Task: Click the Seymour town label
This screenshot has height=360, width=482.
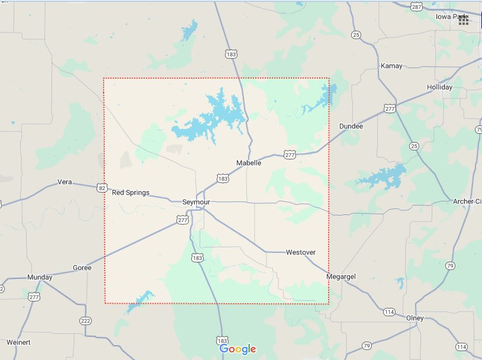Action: click(196, 202)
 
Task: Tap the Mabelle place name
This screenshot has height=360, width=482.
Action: click(249, 163)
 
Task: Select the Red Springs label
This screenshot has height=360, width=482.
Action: click(131, 192)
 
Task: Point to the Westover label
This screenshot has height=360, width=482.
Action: click(301, 252)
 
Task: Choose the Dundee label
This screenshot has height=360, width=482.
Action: click(351, 126)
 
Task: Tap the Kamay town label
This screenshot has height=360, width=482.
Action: click(391, 66)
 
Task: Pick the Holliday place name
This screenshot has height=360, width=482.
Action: click(439, 87)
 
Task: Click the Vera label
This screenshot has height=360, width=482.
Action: click(65, 182)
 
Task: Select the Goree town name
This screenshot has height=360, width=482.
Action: click(82, 268)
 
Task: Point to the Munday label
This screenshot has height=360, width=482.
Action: click(40, 277)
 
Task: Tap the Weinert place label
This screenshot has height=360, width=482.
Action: click(18, 342)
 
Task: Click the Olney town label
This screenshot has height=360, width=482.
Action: click(415, 318)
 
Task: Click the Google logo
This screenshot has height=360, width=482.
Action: click(237, 349)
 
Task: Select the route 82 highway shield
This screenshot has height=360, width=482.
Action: click(102, 188)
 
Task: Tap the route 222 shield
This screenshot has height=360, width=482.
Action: click(86, 321)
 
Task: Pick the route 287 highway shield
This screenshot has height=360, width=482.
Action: click(417, 7)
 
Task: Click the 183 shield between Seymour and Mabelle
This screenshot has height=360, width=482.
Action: click(223, 178)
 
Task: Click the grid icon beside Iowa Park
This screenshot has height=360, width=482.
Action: click(464, 20)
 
